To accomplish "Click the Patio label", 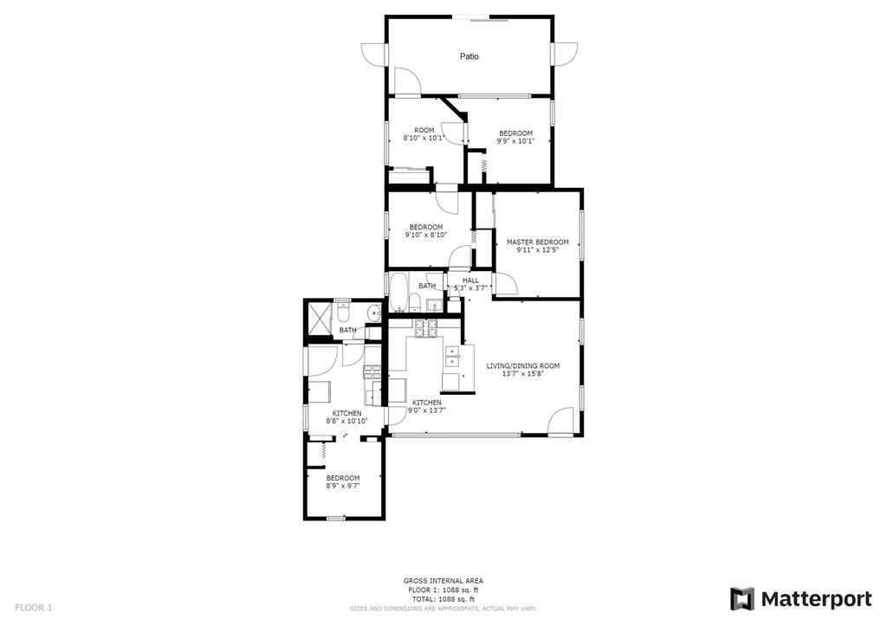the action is coord(469,56).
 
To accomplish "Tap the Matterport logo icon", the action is coord(742,599).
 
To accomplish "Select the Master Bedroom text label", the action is coord(537,242).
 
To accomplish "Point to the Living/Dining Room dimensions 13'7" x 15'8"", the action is coord(523,373).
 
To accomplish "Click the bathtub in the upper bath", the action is coord(398,292).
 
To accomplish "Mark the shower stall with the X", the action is coord(319,320).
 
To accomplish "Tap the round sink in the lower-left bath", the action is coord(374,312).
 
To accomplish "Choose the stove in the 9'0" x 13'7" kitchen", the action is coord(426,328).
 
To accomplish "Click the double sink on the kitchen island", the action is coord(453,357).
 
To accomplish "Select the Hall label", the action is coord(470,281).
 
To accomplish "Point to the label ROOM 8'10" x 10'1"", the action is coord(424,134).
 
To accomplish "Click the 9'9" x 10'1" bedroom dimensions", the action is coord(515,141).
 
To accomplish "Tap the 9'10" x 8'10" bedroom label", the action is coord(426,230).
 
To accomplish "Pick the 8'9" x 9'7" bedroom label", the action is coord(343,481).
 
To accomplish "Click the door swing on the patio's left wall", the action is coord(373,54).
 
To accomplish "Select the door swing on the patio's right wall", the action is coord(565,54).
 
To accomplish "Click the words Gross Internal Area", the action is coord(443,581).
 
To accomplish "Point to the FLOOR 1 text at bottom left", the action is coord(34,608).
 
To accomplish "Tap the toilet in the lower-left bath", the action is coord(343,313).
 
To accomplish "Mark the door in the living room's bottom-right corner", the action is coord(561,422).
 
